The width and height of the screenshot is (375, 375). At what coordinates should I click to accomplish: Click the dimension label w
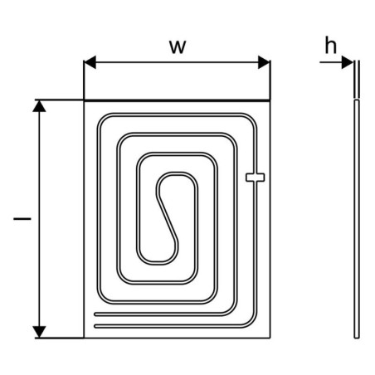[178, 47]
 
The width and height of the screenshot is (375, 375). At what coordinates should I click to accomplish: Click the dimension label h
[331, 45]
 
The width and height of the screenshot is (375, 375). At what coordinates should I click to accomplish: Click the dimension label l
[22, 219]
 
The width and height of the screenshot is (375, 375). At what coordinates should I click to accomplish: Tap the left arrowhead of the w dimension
[90, 62]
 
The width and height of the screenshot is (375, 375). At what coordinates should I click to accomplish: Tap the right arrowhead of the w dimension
[264, 62]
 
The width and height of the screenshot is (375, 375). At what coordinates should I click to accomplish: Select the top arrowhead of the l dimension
[39, 106]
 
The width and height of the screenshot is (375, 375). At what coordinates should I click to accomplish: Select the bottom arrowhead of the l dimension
[39, 332]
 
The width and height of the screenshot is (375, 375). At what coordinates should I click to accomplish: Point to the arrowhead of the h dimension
[348, 62]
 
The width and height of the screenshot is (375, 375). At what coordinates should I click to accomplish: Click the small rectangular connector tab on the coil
[256, 178]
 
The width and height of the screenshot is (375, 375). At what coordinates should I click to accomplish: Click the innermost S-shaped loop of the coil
[168, 217]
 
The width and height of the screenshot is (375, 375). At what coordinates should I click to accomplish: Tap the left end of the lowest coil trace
[95, 326]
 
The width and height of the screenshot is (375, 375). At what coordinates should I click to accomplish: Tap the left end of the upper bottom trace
[95, 314]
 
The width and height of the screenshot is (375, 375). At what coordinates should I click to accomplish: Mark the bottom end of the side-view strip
[357, 338]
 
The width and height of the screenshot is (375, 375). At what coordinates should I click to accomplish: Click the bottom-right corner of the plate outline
[270, 338]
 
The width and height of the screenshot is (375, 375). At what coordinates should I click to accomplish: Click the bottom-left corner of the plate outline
[84, 338]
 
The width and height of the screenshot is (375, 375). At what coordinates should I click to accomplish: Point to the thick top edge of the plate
[177, 100]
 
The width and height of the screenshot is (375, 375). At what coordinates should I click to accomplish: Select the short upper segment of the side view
[357, 80]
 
